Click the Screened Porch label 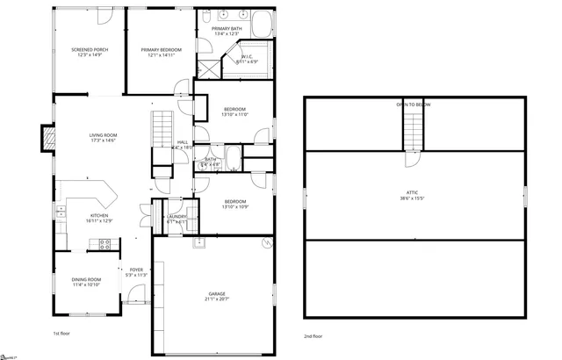pyautogui.click(x=89, y=50)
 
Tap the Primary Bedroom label pyautogui.click(x=161, y=50)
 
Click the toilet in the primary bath pyautogui.click(x=205, y=18)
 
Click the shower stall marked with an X pyautogui.click(x=257, y=53)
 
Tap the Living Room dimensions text pyautogui.click(x=103, y=140)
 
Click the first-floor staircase pyautogui.click(x=162, y=128)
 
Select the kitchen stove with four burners pyautogui.click(x=104, y=245)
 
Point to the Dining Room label pyautogui.click(x=86, y=279)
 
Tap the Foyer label pyautogui.click(x=136, y=270)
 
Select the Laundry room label pyautogui.click(x=177, y=216)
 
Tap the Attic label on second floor pyautogui.click(x=412, y=192)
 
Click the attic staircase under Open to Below pyautogui.click(x=414, y=133)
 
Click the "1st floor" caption pyautogui.click(x=61, y=335)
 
